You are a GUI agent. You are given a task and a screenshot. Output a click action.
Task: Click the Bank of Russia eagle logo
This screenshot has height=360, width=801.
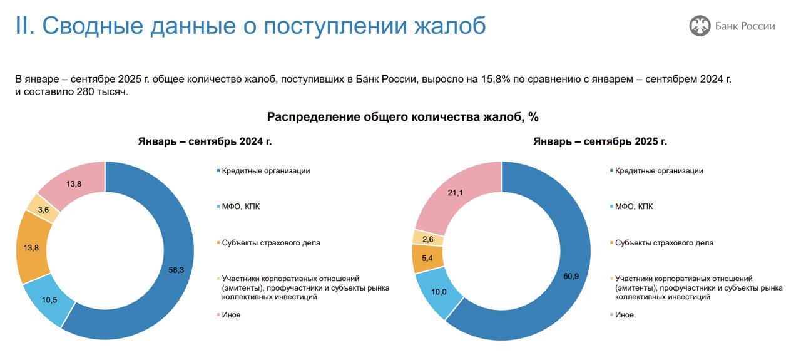[700, 26]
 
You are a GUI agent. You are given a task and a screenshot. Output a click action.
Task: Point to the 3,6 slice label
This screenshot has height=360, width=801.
[44, 210]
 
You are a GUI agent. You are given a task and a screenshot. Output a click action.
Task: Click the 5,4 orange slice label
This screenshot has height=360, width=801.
[429, 257]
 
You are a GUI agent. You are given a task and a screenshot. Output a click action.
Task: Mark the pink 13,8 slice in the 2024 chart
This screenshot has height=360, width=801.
[74, 183]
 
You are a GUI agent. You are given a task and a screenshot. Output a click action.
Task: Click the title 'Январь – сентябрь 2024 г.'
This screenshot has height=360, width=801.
[205, 141]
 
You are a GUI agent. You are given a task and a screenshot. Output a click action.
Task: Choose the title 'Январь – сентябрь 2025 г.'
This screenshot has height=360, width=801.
[599, 141]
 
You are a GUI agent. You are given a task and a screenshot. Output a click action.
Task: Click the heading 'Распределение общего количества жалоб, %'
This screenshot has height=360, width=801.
[403, 117]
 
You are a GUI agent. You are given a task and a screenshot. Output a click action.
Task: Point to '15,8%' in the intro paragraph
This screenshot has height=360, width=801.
[494, 80]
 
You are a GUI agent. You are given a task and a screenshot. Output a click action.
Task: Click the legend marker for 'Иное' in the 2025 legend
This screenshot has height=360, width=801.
[611, 315]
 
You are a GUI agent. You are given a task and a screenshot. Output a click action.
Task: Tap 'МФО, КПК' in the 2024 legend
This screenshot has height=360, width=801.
[242, 207]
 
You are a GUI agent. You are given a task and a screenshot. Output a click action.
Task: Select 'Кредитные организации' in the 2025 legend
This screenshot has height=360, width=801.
[659, 171]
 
